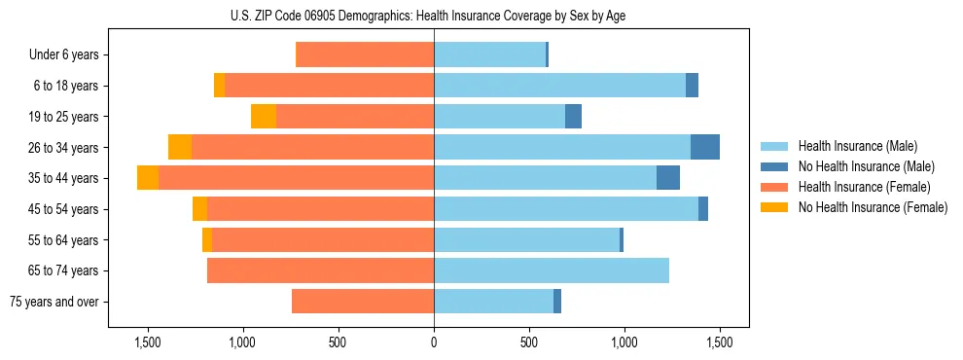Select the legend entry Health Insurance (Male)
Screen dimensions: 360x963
coord(856,146)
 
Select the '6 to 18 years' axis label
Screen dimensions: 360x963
coord(66,86)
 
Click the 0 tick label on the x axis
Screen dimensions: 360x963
coord(434,343)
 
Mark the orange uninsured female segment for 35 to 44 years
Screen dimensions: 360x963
coord(148,178)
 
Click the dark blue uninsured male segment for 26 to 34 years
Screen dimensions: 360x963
coord(705,147)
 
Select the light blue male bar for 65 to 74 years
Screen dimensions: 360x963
coord(552,270)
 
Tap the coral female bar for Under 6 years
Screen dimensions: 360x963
coord(365,54)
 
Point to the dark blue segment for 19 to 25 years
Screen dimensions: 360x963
coord(573,117)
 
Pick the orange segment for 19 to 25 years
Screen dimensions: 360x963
coord(264,117)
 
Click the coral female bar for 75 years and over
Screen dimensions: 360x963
coord(363,302)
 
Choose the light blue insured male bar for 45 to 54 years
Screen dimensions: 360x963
coord(566,209)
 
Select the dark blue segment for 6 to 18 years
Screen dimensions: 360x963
coord(692,86)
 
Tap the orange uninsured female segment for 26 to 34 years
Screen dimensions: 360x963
coord(180,147)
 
